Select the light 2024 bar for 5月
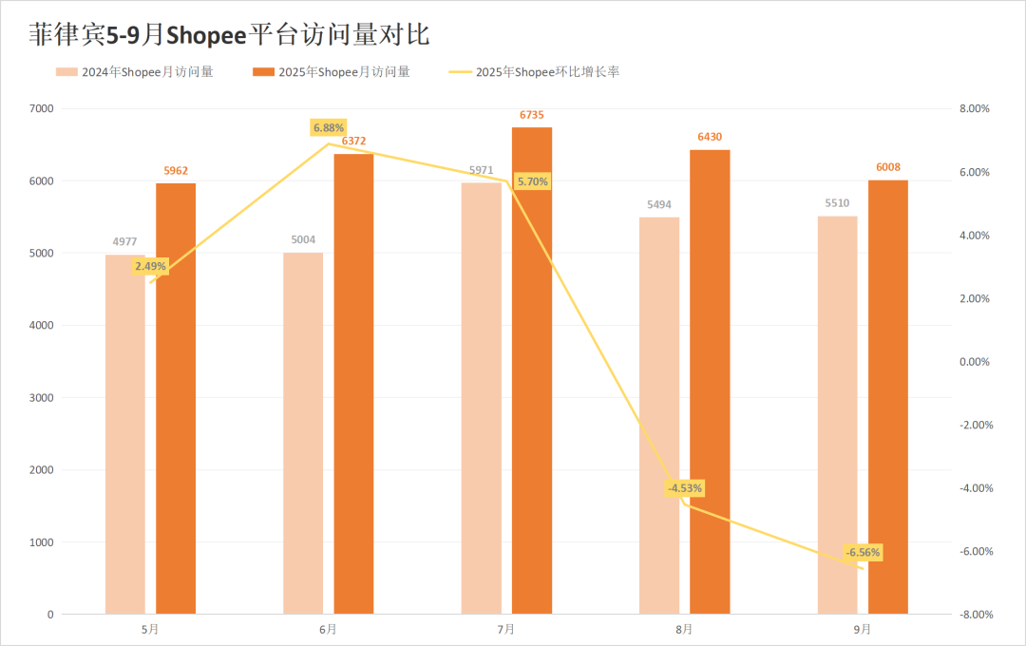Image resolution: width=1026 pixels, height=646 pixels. (124, 437)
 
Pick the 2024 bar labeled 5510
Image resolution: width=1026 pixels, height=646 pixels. (837, 418)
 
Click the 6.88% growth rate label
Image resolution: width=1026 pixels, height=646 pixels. (329, 127)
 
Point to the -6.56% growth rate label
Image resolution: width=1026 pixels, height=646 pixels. (864, 552)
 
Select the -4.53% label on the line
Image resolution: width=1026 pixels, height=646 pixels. (685, 488)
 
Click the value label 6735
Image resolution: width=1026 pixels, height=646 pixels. (532, 115)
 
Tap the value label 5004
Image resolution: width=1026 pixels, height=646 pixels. (303, 240)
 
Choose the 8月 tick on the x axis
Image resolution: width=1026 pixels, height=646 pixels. (684, 629)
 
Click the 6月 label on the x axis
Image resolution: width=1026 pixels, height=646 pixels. (329, 629)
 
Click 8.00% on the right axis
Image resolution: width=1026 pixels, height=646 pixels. (974, 109)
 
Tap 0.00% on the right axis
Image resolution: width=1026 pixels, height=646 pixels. (974, 362)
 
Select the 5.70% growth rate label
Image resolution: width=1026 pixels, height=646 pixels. (532, 181)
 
